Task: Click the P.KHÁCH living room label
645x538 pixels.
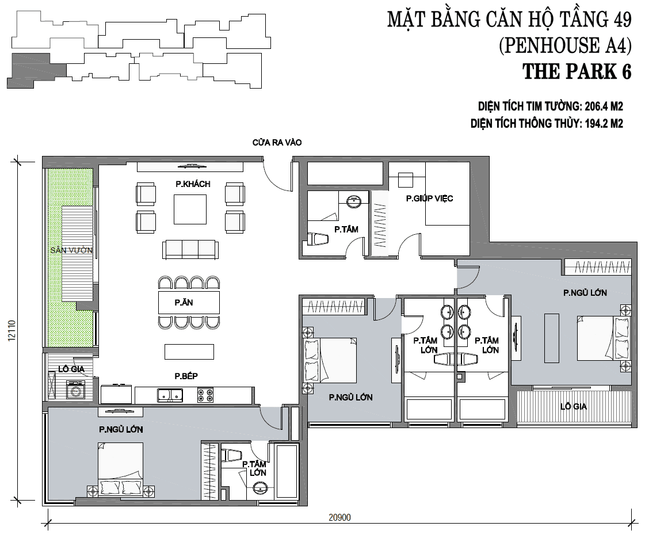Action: click(x=193, y=184)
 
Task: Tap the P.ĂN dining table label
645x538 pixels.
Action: click(x=184, y=302)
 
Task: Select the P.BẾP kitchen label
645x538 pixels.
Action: click(x=186, y=376)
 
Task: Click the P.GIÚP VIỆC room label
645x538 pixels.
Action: click(x=429, y=199)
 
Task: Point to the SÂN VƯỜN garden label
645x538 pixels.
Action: click(x=71, y=250)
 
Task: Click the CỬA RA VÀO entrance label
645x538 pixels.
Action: click(x=277, y=142)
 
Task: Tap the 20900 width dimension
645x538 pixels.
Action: click(x=340, y=517)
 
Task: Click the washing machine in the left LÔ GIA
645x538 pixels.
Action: click(x=76, y=390)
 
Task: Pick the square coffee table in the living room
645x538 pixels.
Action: click(x=190, y=209)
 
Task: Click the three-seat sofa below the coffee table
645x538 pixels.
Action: click(x=190, y=249)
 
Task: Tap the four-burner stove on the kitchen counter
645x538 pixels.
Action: click(x=205, y=395)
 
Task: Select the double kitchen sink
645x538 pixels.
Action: click(x=170, y=395)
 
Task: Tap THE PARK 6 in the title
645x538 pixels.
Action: click(x=577, y=71)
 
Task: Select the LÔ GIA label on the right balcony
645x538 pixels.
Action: click(x=574, y=406)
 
